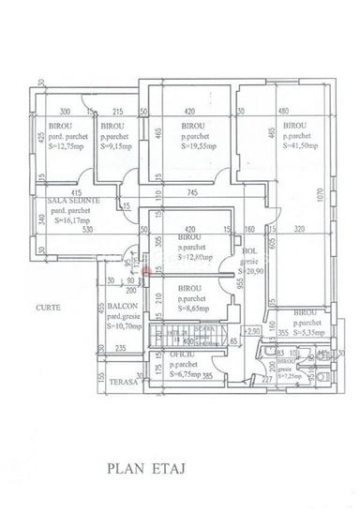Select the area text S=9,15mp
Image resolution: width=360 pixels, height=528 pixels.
[118, 146]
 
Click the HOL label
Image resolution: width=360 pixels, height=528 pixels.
[249, 251]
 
